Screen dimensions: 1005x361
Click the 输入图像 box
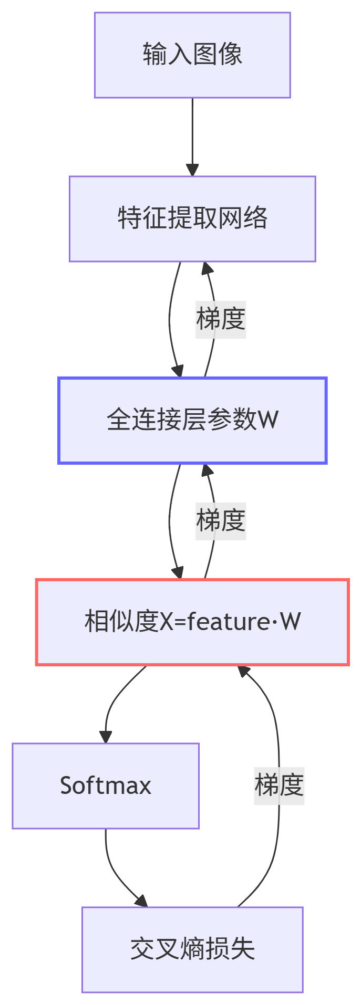pyautogui.click(x=192, y=55)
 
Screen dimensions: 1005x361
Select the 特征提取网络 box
pyautogui.click(x=192, y=218)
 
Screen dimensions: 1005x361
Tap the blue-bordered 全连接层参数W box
pyautogui.click(x=192, y=420)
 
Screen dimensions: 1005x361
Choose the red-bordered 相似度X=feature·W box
pyautogui.click(x=192, y=622)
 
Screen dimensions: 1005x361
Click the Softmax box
pyautogui.click(x=106, y=786)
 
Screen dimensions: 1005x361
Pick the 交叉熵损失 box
pyautogui.click(x=192, y=949)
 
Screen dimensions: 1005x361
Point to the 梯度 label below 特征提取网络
pyautogui.click(x=221, y=319)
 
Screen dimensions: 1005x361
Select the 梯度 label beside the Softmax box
pyautogui.click(x=279, y=786)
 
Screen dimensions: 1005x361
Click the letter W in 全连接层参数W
pyautogui.click(x=268, y=420)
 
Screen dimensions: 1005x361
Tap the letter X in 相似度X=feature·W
pyautogui.click(x=167, y=622)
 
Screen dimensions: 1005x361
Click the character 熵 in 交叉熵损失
pyautogui.click(x=192, y=949)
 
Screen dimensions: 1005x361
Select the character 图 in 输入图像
pyautogui.click(x=205, y=55)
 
